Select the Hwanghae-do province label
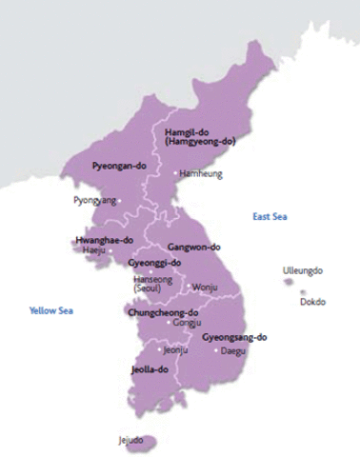click(100, 240)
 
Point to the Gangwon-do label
click(194, 246)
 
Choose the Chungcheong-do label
click(163, 311)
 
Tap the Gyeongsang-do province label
click(235, 337)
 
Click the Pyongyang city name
click(95, 201)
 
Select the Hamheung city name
click(200, 174)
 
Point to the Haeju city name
click(94, 250)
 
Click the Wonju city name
click(205, 287)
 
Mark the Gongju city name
click(187, 323)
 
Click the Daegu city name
click(233, 350)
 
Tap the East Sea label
click(270, 217)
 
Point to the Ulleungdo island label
click(303, 270)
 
